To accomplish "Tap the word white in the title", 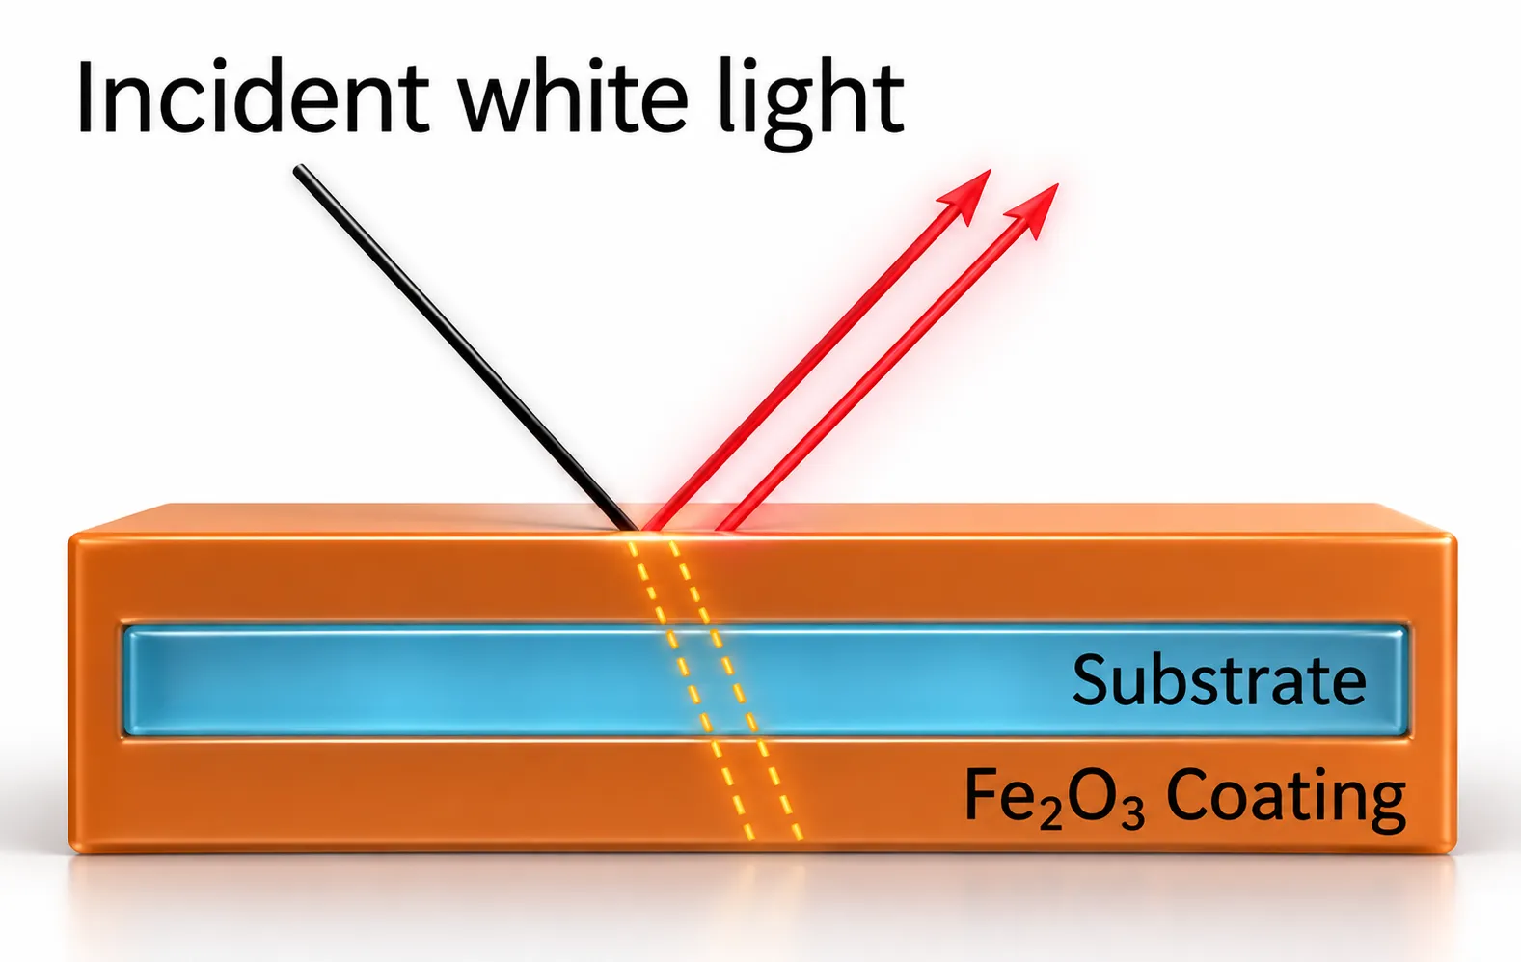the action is coord(574,97).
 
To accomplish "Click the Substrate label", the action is coord(1219,679).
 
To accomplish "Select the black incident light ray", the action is coord(466,347).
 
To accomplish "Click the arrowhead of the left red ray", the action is coord(964,197).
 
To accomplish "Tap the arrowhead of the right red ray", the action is coord(1033,210).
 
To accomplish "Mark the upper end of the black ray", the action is coord(297,168).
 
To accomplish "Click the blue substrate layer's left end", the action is coord(127,681).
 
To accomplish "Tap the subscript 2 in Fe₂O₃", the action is coord(1049,817).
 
